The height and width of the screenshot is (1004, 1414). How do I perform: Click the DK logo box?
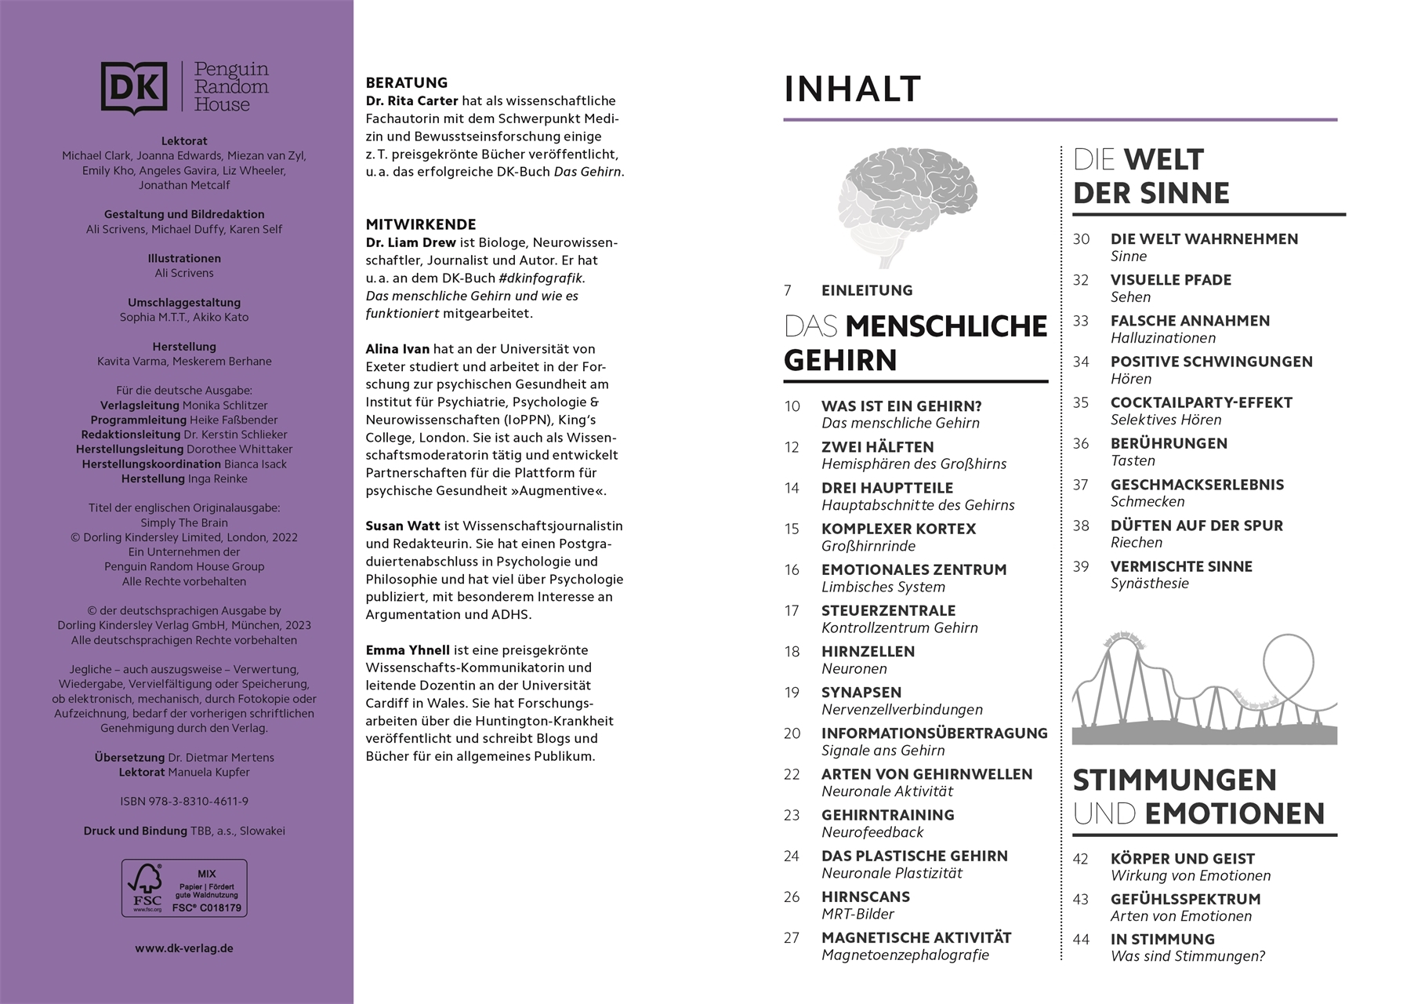coord(134,87)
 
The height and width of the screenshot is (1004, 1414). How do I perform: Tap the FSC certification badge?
coord(184,888)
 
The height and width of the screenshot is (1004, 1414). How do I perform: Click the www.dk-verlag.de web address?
coord(184,948)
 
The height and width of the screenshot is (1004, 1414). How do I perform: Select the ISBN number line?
coord(184,801)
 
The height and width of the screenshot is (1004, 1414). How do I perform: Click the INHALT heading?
coord(852,89)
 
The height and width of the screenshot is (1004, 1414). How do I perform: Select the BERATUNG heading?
coord(407,82)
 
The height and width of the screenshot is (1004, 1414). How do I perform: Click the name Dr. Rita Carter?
coord(412,100)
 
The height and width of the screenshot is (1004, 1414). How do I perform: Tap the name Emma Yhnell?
coord(408,649)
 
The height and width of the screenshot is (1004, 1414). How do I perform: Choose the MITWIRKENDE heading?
coord(421,224)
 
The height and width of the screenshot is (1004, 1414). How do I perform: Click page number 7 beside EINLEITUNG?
coord(788,290)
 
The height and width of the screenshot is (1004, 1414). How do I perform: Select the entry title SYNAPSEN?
coord(861,692)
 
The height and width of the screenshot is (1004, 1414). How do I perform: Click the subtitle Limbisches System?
coord(883,587)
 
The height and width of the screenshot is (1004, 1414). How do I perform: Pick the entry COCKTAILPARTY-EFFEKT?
coord(1201,402)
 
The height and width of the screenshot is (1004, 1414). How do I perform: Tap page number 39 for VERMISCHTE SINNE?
coord(1081,566)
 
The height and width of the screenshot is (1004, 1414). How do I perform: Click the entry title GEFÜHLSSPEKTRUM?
coord(1185,899)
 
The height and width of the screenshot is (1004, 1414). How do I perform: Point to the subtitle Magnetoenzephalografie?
coord(905,955)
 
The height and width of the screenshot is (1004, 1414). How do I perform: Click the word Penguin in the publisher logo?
coord(231,70)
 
